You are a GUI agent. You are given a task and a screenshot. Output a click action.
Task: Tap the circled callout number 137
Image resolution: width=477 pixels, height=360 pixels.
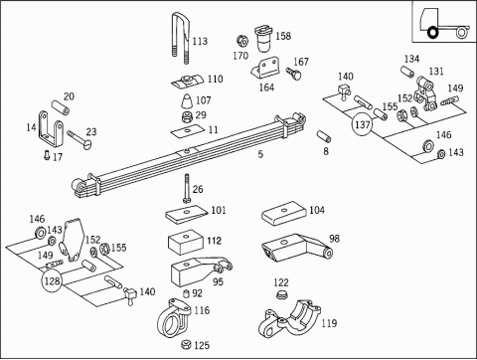362,124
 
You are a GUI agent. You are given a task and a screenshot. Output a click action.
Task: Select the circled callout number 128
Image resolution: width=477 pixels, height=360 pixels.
52,280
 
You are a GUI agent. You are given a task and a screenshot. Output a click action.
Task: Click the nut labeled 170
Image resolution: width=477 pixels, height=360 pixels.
242,41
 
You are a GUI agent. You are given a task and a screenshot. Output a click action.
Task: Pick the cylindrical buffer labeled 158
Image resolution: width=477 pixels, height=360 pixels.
263,40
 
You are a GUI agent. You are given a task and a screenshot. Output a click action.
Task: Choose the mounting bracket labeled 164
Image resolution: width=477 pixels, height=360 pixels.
264,69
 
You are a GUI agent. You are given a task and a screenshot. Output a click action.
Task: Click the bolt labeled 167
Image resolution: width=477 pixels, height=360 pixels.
294,74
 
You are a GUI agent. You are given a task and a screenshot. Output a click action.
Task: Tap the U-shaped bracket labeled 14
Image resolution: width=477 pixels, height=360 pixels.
51,129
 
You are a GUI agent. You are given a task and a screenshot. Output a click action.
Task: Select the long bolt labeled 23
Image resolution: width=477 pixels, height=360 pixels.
79,139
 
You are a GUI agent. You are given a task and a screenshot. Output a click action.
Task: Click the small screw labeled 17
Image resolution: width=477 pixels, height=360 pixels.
47,155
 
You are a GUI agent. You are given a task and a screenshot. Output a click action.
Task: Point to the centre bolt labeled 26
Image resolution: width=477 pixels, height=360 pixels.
187,188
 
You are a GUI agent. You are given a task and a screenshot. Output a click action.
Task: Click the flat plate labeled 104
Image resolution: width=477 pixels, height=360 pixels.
284,213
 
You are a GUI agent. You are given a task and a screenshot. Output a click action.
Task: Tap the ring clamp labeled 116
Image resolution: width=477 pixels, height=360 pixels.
174,317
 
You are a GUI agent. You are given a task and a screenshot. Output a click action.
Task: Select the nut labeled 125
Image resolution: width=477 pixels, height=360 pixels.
186,345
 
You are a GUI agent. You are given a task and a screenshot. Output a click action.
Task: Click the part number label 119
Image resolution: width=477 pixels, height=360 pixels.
329,323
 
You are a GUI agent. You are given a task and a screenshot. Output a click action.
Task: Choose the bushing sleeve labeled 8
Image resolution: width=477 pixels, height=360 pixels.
324,136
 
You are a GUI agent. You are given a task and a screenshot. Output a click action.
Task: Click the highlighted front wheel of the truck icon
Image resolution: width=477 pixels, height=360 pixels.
432,33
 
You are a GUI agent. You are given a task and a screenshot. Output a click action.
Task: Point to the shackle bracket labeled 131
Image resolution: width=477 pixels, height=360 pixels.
425,93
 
